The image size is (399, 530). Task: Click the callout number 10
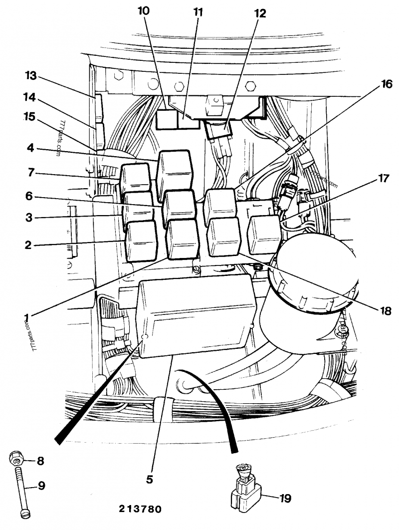(144, 11)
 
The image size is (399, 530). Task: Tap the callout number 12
(260, 14)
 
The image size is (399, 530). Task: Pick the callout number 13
(31, 75)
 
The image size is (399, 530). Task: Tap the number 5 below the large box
(149, 480)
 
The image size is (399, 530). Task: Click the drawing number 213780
(140, 510)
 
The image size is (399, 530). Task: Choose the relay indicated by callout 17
(264, 235)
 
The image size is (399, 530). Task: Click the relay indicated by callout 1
(183, 239)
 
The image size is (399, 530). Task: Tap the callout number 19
(285, 498)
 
